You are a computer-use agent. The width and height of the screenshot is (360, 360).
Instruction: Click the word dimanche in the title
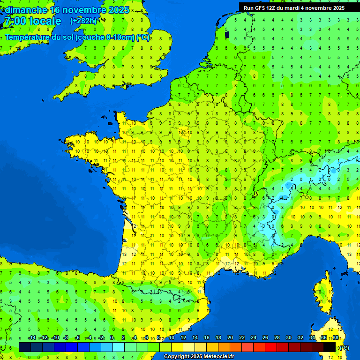tap(26, 10)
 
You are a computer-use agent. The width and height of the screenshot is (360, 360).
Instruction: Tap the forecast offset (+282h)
tap(83, 21)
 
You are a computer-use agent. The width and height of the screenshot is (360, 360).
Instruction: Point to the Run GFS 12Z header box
tap(294, 7)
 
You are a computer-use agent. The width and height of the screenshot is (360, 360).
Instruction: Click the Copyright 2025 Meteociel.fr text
tap(199, 357)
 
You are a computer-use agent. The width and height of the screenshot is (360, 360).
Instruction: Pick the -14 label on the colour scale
tap(32, 338)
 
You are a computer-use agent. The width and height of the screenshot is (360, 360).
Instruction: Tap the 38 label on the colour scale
tap(336, 338)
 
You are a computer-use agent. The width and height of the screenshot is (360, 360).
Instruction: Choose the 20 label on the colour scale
tap(230, 338)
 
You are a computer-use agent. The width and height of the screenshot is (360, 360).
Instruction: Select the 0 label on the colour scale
tap(112, 338)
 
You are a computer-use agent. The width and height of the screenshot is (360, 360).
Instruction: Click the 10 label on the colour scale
tap(172, 338)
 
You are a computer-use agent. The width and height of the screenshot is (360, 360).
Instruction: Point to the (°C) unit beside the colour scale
tap(344, 348)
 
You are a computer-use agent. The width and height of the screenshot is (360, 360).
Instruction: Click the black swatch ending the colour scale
tap(330, 347)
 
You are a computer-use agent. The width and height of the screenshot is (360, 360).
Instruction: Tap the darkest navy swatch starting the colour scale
tap(25, 347)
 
